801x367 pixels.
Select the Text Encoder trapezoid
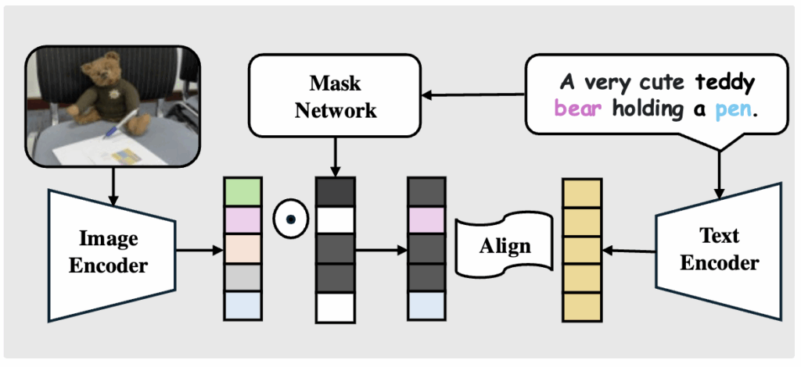pos(719,250)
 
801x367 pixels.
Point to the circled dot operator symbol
pos(289,220)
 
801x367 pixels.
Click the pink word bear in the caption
pos(579,109)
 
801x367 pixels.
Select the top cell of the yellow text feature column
pos(582,193)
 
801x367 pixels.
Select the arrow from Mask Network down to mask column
pos(335,156)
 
